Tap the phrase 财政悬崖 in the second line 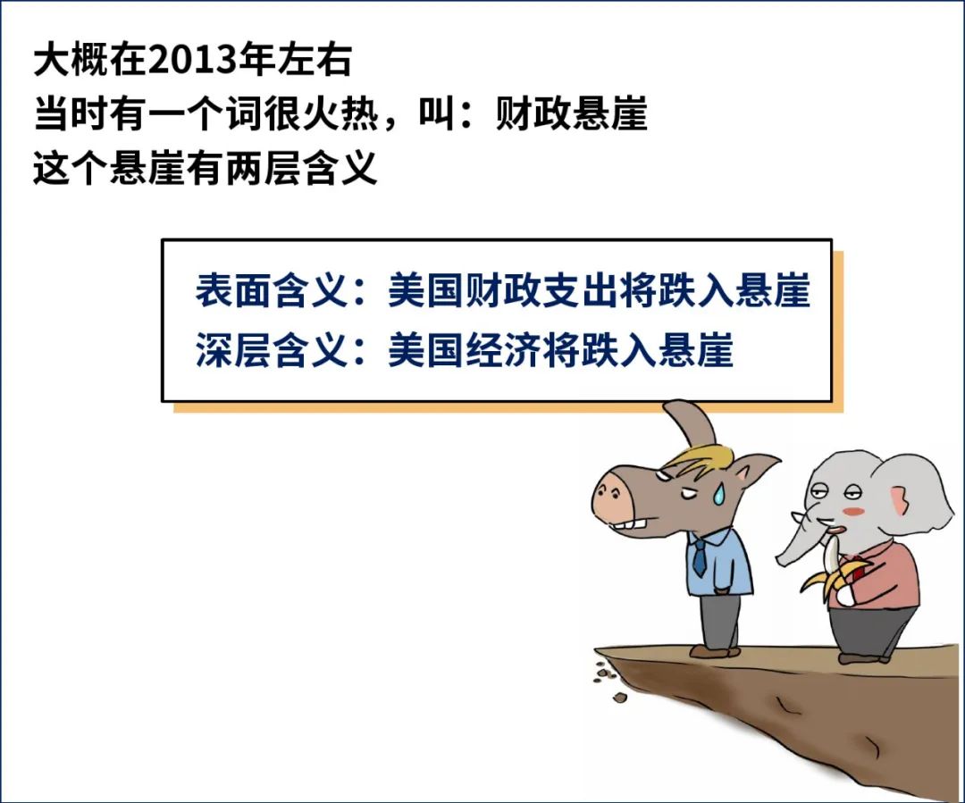tap(571, 113)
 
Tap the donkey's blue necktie tap(700, 556)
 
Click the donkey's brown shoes tap(715, 650)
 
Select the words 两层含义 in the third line tap(300, 167)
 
